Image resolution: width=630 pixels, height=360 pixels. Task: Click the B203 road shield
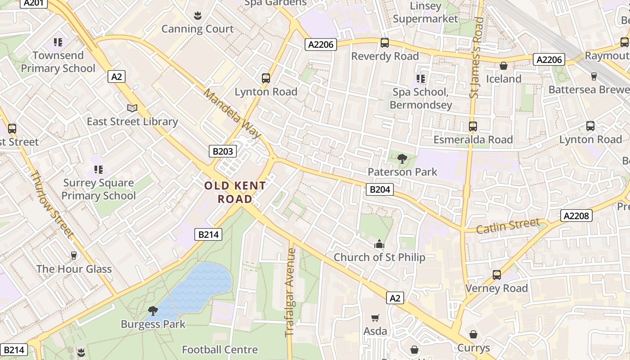[x=223, y=151]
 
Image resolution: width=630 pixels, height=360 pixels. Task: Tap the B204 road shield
[x=379, y=189]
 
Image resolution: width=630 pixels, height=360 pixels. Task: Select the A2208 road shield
[x=576, y=216]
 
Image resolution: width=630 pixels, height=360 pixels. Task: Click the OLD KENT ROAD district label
[x=235, y=192]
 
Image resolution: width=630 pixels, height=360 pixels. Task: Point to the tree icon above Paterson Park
[x=402, y=158]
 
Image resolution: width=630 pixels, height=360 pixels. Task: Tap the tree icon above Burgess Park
[x=153, y=310]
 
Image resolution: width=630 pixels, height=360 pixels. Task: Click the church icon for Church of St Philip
[x=379, y=244]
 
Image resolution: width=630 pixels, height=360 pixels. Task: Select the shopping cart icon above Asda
[x=375, y=318]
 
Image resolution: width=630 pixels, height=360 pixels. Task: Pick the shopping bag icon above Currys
[x=473, y=334]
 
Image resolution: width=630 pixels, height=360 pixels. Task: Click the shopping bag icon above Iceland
[x=504, y=66]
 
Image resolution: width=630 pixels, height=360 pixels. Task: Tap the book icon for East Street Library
[x=132, y=108]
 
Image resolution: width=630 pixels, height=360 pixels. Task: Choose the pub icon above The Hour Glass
[x=74, y=256]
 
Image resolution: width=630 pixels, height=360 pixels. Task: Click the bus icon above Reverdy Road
[x=385, y=43]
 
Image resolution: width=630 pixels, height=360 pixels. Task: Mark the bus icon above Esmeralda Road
[x=473, y=126]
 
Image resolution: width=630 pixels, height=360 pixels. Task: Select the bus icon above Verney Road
[x=497, y=274]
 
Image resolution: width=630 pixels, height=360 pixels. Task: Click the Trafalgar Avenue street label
[x=290, y=292]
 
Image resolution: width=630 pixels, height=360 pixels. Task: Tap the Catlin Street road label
[x=508, y=225]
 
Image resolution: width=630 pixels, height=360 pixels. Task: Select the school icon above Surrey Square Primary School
[x=99, y=170]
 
